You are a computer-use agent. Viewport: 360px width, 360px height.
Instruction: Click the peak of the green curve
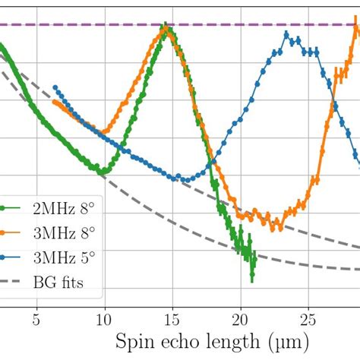(x=167, y=30)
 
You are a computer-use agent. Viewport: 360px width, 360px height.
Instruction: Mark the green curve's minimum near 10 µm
(x=102, y=173)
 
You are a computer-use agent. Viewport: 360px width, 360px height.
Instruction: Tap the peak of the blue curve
(x=287, y=35)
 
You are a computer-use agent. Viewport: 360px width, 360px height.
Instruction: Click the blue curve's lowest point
(x=179, y=179)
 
